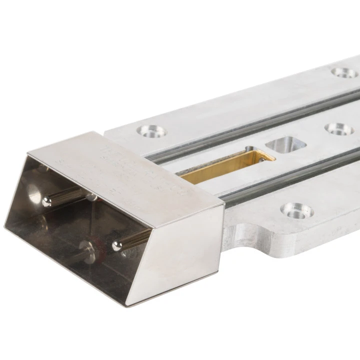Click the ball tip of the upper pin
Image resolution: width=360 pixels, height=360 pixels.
(x=47, y=201)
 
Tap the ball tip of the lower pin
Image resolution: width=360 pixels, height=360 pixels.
(x=118, y=245)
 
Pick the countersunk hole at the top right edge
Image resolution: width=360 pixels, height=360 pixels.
(x=344, y=73)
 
